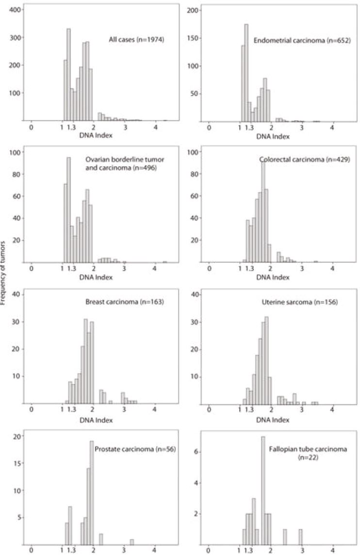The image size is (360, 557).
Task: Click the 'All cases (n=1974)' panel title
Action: pos(137,39)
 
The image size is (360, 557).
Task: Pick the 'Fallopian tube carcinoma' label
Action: pos(308,449)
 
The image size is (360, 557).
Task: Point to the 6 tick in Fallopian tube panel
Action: pos(198,452)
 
